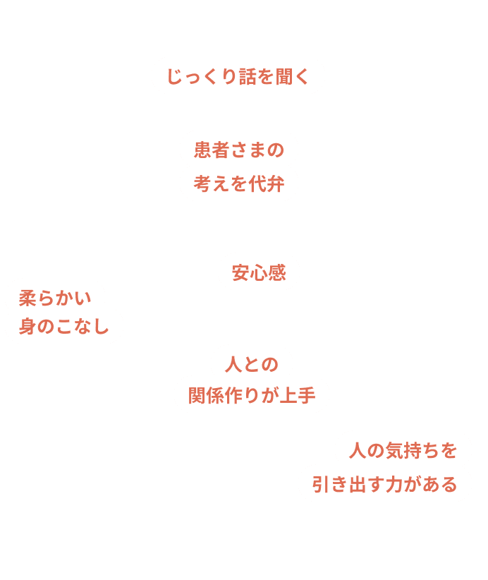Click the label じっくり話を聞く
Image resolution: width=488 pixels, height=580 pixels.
(238, 76)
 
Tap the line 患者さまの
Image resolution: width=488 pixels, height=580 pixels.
(238, 150)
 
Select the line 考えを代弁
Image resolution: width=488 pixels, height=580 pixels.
(238, 184)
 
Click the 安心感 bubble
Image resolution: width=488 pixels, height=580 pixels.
(259, 272)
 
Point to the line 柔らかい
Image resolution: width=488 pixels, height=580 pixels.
(55, 298)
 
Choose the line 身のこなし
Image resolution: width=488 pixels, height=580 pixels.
(64, 327)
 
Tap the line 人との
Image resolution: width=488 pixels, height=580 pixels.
(251, 364)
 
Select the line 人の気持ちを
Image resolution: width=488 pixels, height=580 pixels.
(403, 449)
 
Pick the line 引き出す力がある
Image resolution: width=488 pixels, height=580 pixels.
(384, 484)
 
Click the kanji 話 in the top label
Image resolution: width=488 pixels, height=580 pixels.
(247, 76)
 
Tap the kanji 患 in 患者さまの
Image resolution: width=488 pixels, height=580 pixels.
(202, 150)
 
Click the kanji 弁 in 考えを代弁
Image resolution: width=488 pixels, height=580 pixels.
(275, 184)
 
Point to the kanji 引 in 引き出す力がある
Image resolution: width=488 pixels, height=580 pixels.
(320, 484)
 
